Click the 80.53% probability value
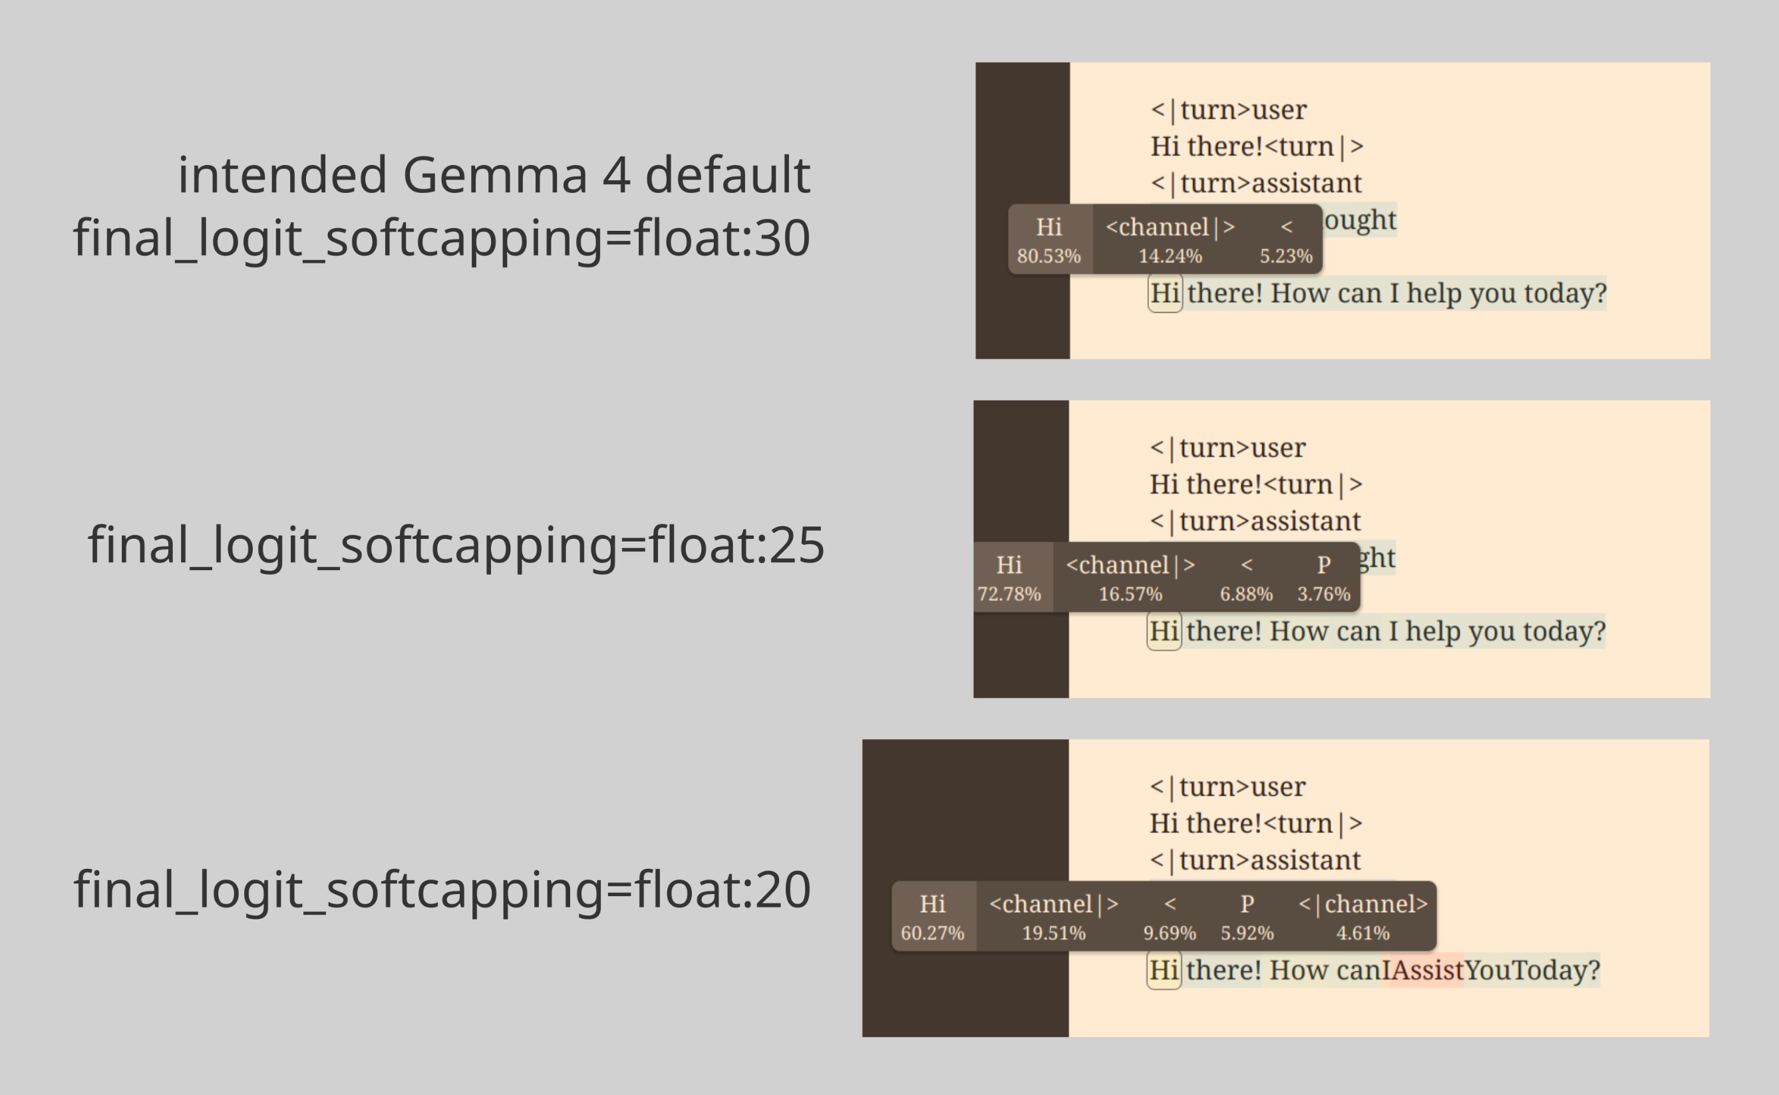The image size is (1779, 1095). (1049, 255)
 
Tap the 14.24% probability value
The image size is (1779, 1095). (1170, 255)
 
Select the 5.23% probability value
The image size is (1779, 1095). (1286, 255)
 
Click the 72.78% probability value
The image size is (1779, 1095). (1009, 594)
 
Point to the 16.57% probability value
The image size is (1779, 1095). (1130, 594)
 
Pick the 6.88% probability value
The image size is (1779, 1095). (1246, 594)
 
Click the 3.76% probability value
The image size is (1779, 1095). (1323, 594)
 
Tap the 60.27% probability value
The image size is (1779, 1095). (933, 933)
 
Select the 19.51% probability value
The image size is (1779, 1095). (1054, 933)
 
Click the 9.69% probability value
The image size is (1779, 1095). (1170, 933)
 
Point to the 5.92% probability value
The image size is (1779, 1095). (1247, 933)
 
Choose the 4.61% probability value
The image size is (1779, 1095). (1363, 933)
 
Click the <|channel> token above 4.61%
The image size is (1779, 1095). (1363, 904)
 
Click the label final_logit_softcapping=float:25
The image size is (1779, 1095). (456, 545)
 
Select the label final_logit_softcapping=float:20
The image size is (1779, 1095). (442, 889)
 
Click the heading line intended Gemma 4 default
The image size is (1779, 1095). (494, 174)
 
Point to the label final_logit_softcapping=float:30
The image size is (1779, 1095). (442, 237)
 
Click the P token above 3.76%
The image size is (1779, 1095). (1323, 564)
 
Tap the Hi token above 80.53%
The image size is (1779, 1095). (1049, 227)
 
